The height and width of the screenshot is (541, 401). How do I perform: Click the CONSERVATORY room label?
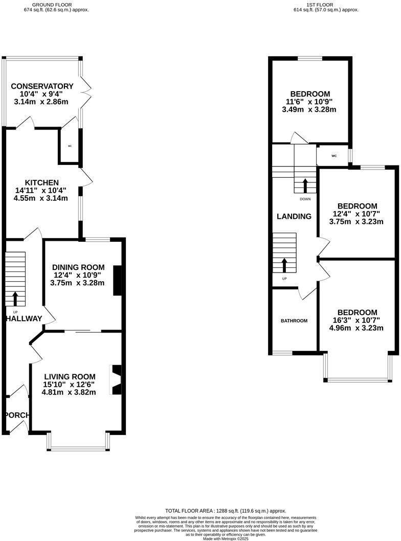click(x=42, y=86)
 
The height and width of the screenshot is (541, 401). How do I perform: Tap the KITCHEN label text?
click(x=41, y=182)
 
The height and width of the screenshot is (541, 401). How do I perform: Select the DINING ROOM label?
click(x=78, y=267)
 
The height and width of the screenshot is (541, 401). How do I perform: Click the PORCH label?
click(x=16, y=415)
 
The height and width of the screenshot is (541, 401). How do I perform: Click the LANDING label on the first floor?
click(x=294, y=216)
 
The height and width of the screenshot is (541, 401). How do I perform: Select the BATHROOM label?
click(x=294, y=321)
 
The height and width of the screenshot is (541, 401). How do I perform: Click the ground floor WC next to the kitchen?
click(x=70, y=147)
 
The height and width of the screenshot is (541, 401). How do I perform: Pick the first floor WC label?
click(x=333, y=156)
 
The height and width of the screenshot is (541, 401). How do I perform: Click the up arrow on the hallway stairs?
click(x=15, y=298)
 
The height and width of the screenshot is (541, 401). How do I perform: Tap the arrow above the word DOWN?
click(x=305, y=185)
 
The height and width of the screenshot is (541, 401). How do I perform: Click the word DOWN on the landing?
click(x=305, y=199)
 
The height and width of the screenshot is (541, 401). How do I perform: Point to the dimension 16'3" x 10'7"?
click(x=357, y=321)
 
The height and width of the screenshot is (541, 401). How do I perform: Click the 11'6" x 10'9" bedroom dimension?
click(x=310, y=101)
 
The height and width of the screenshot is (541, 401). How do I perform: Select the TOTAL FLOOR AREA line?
click(x=226, y=511)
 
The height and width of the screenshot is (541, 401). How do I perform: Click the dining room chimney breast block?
click(x=117, y=280)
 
